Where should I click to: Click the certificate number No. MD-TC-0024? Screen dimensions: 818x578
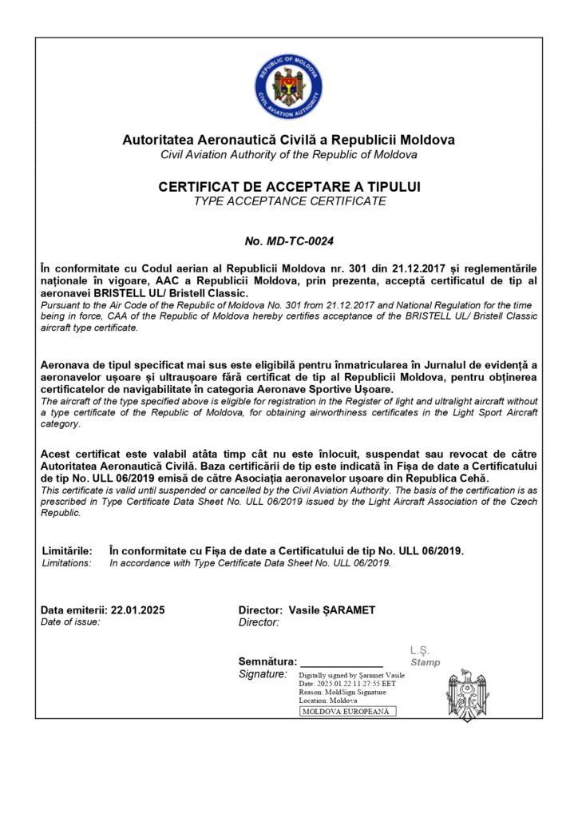[288, 240]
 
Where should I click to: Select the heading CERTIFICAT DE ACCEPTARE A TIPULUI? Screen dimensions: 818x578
[289, 187]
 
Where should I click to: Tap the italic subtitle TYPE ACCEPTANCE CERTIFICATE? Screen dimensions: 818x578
[289, 201]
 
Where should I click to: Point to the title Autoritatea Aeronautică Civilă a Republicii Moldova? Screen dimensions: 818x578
[288, 140]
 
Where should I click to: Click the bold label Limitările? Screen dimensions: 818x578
[66, 551]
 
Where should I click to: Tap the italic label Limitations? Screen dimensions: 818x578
[66, 563]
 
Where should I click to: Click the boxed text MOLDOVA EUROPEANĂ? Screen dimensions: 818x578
[346, 711]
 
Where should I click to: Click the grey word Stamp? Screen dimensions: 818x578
[425, 662]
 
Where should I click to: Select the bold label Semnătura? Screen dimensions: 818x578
[267, 661]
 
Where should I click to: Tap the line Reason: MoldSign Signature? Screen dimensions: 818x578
[342, 692]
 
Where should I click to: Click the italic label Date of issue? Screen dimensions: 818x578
[70, 621]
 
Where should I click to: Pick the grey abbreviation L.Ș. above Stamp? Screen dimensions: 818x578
[419, 650]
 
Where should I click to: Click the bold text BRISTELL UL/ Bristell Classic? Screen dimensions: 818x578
[171, 295]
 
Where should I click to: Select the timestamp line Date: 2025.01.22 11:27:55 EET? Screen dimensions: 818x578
[346, 684]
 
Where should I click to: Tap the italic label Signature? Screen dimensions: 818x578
[263, 675]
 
